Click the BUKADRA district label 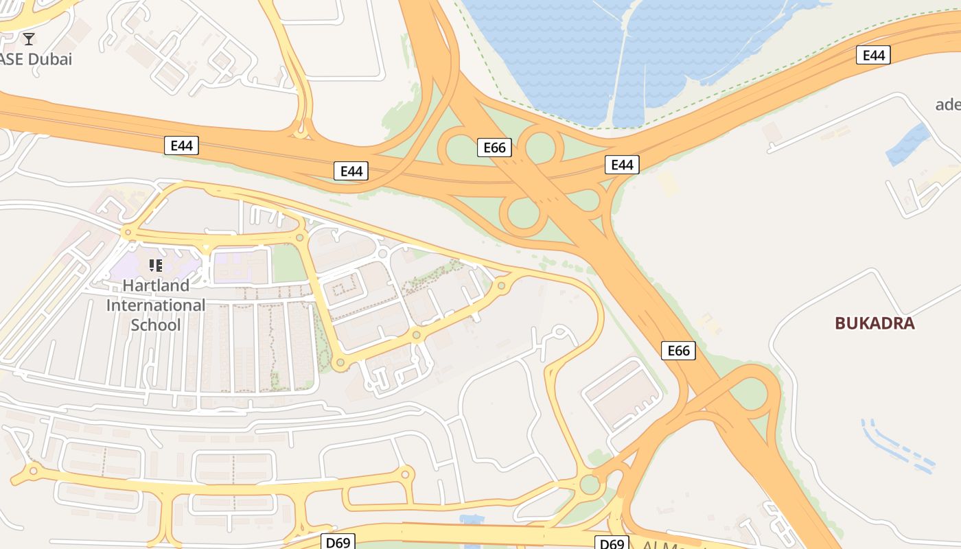pos(875,323)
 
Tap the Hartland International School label pos(156,305)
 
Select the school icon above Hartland pos(156,265)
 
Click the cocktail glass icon pos(29,38)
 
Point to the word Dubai pos(49,59)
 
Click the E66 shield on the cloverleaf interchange pos(494,148)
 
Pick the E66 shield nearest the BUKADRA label pos(678,351)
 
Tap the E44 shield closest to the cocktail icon pos(181,145)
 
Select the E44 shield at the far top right pos(873,55)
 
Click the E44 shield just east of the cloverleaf pos(622,165)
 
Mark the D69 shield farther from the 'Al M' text pos(338,542)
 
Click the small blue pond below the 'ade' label pos(908,145)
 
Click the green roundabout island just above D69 pos(590,484)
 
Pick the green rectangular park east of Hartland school pos(289,264)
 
